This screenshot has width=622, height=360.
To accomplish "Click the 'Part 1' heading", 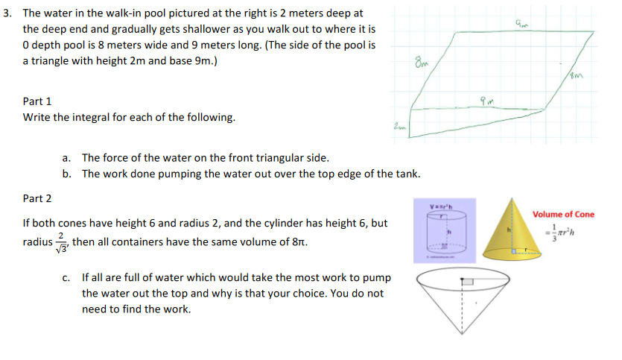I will (37, 101).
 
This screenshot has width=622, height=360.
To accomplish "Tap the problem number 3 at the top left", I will (7, 13).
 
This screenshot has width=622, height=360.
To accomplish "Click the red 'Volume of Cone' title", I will (563, 215).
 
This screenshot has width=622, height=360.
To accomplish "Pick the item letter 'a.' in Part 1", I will (67, 157).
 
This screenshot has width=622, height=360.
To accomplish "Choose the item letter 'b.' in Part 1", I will (67, 174).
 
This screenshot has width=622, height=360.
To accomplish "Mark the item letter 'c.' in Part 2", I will (67, 277).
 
